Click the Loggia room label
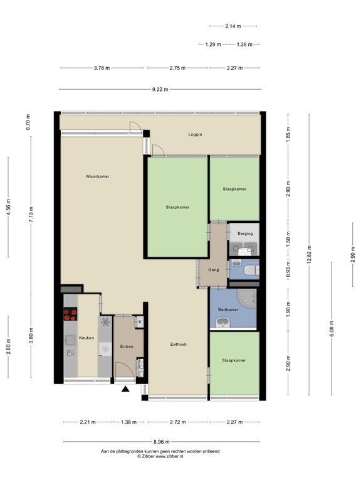point(195,134)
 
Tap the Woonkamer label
point(97,176)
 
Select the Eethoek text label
point(179,345)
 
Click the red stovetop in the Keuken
point(70,314)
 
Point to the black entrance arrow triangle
point(125,389)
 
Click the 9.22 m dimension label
point(160,90)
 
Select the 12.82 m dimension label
point(309,255)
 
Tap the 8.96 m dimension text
point(162,442)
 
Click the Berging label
point(245,233)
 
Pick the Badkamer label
point(228,309)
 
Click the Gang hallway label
point(213,270)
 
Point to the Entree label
point(127,346)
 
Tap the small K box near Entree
point(140,322)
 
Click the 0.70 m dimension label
point(28,122)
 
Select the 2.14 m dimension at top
point(233,26)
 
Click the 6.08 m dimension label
point(332,329)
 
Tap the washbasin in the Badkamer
point(223,323)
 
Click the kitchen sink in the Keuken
point(70,340)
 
